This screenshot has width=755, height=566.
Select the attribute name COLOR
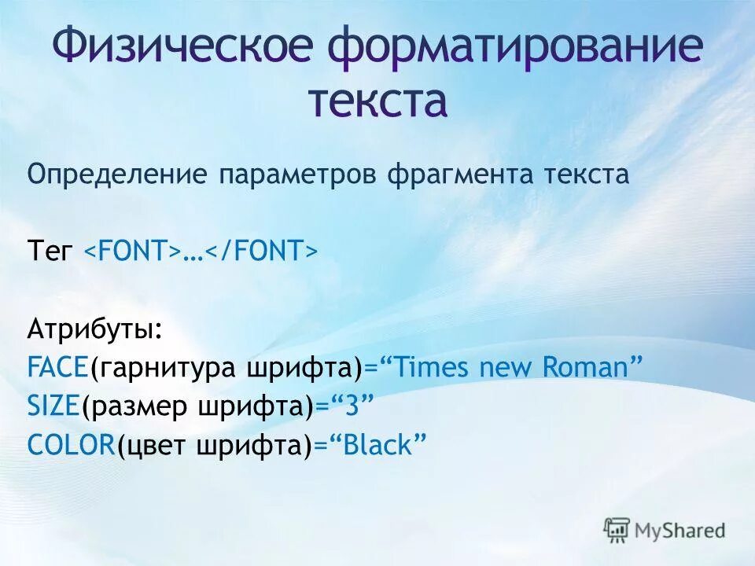click(x=72, y=445)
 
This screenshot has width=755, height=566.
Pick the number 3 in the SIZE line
click(x=352, y=406)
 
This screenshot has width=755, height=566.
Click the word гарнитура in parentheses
click(x=168, y=367)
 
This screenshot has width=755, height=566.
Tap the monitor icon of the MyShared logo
click(x=617, y=530)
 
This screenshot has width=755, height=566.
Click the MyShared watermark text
click(x=680, y=531)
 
